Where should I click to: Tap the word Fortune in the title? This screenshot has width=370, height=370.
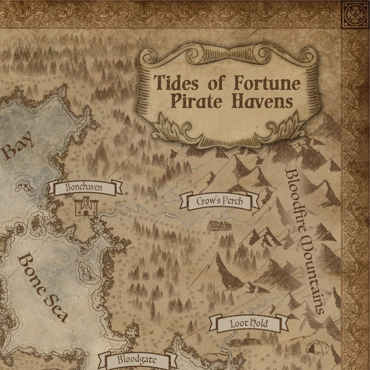coord(267,83)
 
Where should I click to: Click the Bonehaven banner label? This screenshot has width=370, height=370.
coord(84,188)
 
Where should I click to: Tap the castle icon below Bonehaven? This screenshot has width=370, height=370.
coord(86,206)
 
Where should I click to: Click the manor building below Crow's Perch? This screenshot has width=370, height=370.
coord(219,226)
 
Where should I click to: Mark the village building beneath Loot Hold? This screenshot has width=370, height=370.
coord(245,343)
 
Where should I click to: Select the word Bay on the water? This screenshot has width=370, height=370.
coord(18,145)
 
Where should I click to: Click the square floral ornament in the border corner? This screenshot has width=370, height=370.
coord(355,15)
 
